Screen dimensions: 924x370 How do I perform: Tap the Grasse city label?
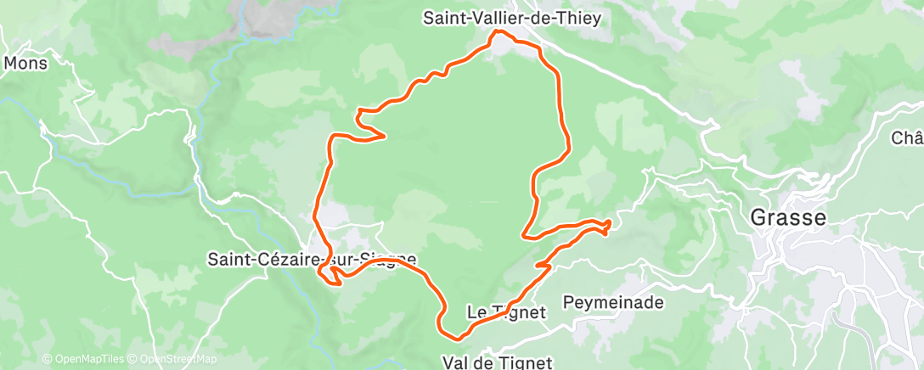click(787, 217)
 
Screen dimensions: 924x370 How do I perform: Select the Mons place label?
click(25, 63)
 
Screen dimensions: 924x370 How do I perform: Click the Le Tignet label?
click(506, 312)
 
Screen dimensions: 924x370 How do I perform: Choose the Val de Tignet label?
click(498, 362)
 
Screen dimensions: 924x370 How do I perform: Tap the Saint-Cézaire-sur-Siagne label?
click(312, 260)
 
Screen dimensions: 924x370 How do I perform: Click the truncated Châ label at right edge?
click(907, 137)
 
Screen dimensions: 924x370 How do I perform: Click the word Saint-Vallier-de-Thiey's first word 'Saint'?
click(443, 17)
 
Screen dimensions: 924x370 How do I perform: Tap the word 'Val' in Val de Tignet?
click(454, 362)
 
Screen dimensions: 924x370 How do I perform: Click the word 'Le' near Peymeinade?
click(476, 312)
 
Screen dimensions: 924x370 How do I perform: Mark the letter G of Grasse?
click(758, 217)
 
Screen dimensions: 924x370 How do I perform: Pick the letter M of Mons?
click(11, 63)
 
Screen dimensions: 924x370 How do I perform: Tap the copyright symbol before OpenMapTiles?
click(47, 359)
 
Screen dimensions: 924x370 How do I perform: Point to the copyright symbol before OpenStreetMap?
click(133, 359)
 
